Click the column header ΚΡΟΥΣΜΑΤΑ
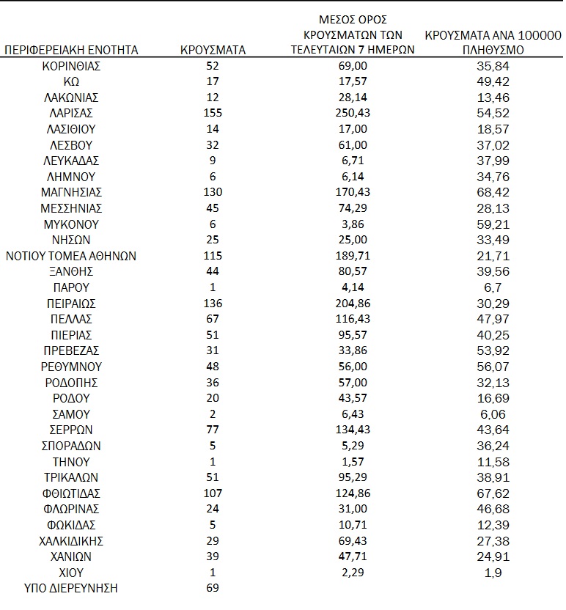pos(213,50)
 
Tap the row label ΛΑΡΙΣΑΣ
pos(71,113)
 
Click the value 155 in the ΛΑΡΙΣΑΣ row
pos(213,113)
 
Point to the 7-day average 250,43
pos(359,113)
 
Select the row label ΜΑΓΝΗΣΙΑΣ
pos(71,192)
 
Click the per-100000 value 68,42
pos(492,192)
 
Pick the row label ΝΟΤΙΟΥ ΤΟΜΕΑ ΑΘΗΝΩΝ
pos(71,256)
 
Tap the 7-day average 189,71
pos(359,256)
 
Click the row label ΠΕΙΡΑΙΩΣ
pos(71,304)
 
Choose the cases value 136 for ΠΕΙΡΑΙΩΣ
pos(213,304)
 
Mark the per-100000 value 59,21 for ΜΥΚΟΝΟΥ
pos(492,224)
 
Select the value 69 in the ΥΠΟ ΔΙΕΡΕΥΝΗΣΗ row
pos(213,589)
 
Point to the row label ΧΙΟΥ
pos(71,573)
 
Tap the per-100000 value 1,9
pos(492,573)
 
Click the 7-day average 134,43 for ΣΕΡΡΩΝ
pos(359,430)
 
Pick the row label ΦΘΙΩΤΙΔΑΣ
pos(71,493)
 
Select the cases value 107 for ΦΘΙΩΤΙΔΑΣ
pos(213,493)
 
